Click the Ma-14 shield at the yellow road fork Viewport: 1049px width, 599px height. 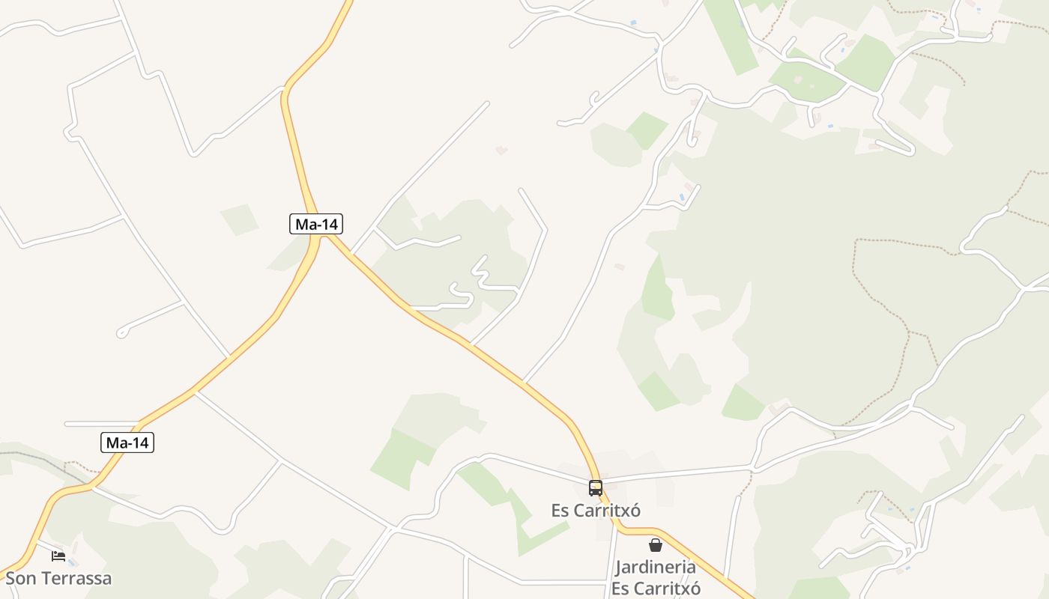316,223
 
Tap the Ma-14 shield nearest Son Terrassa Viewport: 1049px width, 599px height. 127,443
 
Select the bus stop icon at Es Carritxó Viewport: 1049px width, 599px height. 596,488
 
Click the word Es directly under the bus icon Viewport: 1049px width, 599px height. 560,511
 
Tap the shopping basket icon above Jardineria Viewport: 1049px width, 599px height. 656,545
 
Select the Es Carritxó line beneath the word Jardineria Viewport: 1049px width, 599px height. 656,588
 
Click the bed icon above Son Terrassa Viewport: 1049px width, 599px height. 58,556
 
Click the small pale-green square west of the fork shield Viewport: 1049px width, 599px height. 239,219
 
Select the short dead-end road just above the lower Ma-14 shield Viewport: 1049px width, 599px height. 102,424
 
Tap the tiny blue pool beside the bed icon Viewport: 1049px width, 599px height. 72,562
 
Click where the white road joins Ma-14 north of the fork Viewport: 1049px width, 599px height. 284,88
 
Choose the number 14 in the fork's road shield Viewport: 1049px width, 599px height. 327,223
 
